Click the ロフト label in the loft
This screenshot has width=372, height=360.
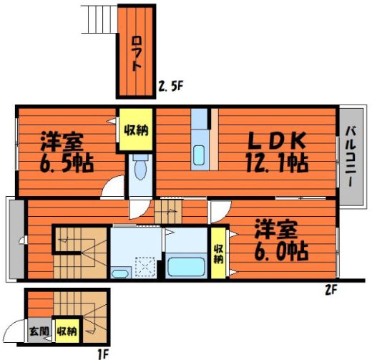137,54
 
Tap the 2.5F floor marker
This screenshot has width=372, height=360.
171,87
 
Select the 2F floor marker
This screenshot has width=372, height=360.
331,290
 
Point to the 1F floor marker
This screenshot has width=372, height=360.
103,354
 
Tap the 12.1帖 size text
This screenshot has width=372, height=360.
278,163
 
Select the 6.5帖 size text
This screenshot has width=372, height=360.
67,163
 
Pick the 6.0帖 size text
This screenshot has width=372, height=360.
281,251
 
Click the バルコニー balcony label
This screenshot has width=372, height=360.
351,157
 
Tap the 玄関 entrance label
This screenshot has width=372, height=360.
39,331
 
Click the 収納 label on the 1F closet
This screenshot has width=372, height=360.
67,331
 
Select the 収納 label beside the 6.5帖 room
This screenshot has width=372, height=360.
136,130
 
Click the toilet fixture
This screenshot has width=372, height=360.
140,167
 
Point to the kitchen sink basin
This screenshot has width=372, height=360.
199,155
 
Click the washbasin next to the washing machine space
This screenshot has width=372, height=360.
119,273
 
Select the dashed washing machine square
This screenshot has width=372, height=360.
145,267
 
